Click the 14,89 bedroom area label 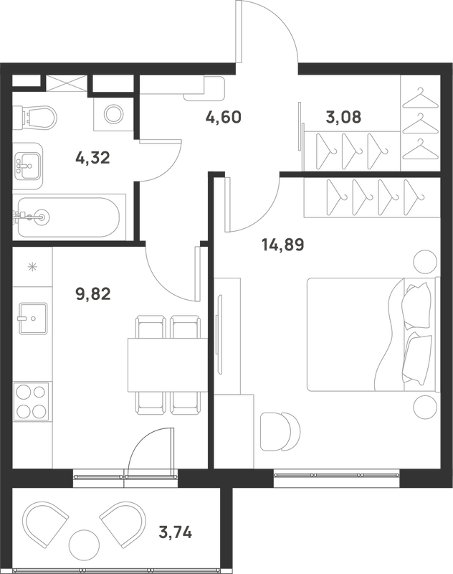[x=283, y=245]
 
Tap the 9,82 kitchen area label [x=93, y=293]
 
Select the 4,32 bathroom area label [x=92, y=158]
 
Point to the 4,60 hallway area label [x=224, y=118]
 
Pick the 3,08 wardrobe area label [x=343, y=117]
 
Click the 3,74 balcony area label [x=176, y=532]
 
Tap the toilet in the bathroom [x=34, y=117]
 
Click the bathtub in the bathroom [x=69, y=217]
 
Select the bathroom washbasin [x=28, y=166]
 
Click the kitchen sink [x=33, y=318]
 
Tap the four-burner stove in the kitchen [x=31, y=402]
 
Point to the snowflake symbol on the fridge [x=33, y=267]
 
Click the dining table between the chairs [x=168, y=365]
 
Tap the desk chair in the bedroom [x=280, y=431]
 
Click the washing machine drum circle [x=113, y=114]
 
